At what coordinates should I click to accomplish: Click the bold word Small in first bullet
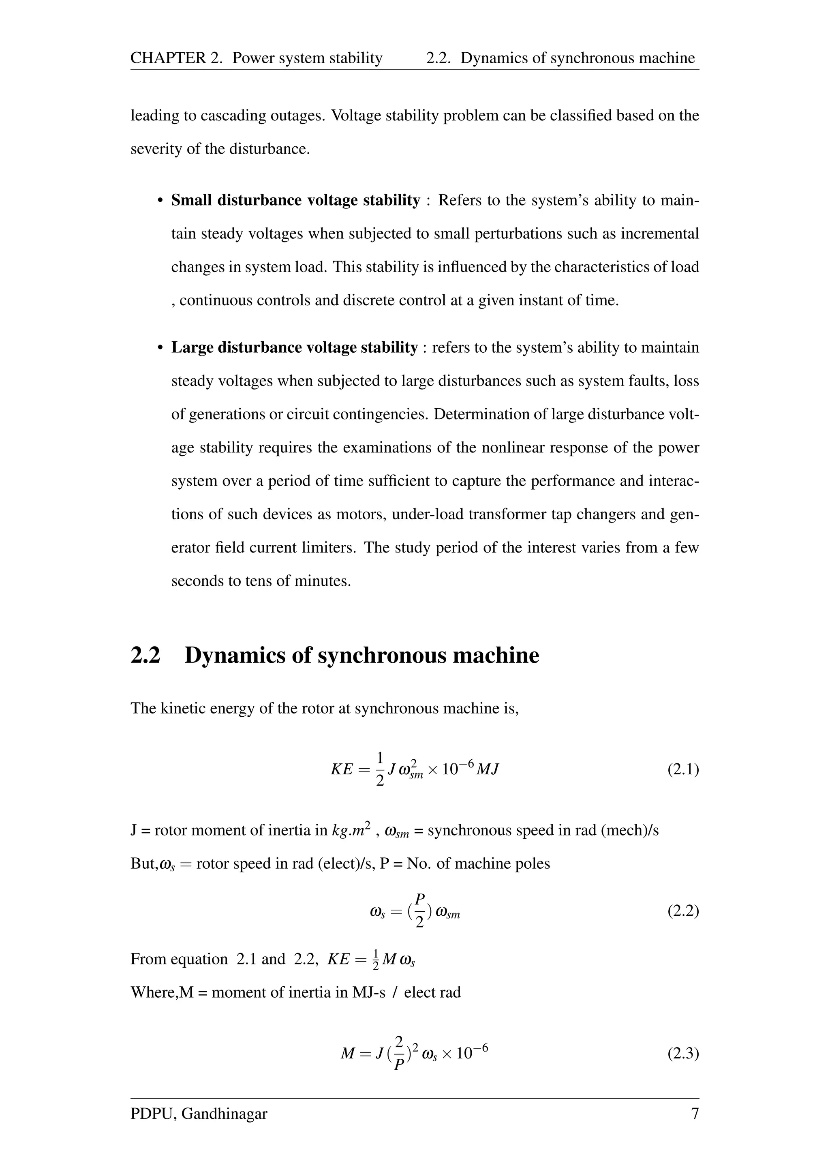(x=192, y=200)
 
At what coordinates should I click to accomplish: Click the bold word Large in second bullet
(x=192, y=348)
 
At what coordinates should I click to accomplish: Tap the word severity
(x=151, y=149)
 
